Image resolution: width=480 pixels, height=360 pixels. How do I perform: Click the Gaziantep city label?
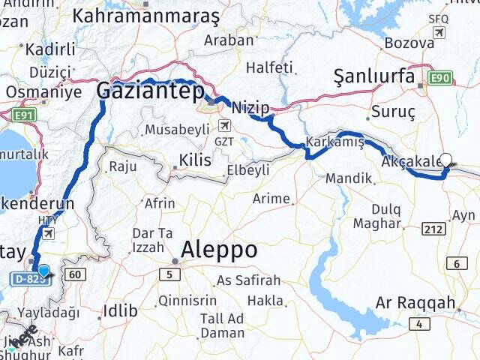point(150,91)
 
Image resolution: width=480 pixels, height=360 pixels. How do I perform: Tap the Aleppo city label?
point(220,249)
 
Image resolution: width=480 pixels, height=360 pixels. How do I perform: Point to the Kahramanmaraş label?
point(146,15)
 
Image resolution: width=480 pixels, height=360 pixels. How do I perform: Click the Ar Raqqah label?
point(415,303)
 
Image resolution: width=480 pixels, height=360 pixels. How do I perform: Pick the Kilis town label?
point(196,160)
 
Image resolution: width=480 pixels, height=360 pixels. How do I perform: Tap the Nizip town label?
point(250,108)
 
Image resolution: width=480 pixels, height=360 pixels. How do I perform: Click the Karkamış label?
point(334,142)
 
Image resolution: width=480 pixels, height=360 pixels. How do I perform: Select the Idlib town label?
point(120,310)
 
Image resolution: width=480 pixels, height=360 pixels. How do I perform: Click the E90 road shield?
point(440,77)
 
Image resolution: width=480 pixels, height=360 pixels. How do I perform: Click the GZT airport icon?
point(223,126)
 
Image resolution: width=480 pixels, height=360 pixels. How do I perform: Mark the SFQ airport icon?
point(438,32)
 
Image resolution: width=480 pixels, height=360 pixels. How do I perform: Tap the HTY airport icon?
point(49,233)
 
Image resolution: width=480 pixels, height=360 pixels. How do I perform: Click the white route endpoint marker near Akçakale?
point(447,159)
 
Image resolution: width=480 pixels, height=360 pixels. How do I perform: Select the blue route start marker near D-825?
point(43,271)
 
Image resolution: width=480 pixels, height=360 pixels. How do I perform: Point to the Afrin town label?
point(160,203)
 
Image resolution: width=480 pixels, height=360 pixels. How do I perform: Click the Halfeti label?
point(268,67)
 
